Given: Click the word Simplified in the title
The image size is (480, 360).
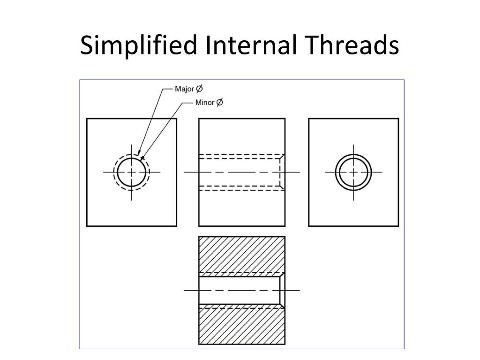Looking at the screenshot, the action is [138, 46].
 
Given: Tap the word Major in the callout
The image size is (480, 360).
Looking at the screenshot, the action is [184, 89].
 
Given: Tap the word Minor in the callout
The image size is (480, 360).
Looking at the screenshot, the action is [205, 102].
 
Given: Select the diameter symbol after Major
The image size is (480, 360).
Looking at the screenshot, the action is [199, 89].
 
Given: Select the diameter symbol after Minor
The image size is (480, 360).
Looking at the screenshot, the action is [219, 102].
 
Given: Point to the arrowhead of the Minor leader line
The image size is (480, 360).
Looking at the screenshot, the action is [142, 158].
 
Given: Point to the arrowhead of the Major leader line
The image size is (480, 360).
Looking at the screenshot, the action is [139, 153].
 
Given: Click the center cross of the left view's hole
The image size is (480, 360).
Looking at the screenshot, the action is [132, 172].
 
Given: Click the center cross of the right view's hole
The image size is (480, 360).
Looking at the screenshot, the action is [353, 172].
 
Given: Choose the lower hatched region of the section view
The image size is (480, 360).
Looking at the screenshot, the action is [241, 326].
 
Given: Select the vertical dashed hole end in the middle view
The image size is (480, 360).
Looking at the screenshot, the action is [280, 172].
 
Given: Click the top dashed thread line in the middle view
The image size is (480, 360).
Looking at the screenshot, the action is [239, 155].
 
